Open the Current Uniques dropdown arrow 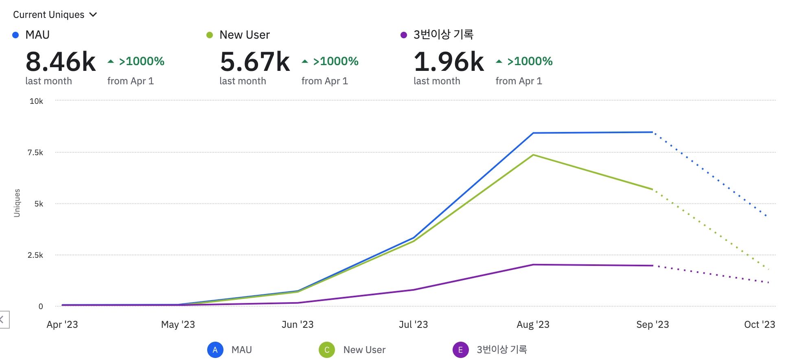coord(93,15)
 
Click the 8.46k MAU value coord(61,62)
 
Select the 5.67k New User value coord(255,62)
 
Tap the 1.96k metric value coord(449,62)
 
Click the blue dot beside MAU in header coord(15,35)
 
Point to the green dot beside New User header coord(210,35)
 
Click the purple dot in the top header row coord(404,35)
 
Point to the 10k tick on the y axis coord(36,101)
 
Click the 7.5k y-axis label coord(35,152)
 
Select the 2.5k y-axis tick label coord(35,255)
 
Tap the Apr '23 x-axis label coord(62,325)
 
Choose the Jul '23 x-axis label coord(413,325)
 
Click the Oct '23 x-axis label coord(760,325)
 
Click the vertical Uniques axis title coord(17,203)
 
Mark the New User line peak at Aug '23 coord(533,155)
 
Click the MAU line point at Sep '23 coord(652,132)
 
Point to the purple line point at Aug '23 coord(533,265)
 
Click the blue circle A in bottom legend coord(215,350)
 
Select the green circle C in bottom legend coord(327,350)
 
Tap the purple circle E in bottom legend coord(460,350)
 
